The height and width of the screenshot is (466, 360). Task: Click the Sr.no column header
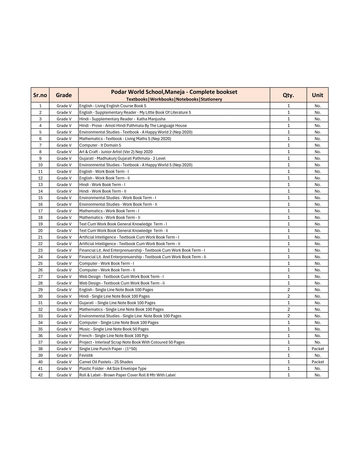pyautogui.click(x=40, y=95)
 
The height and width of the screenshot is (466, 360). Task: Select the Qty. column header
pyautogui.click(x=288, y=95)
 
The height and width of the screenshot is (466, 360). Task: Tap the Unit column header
pyautogui.click(x=317, y=95)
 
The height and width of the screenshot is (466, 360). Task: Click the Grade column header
pyautogui.click(x=64, y=95)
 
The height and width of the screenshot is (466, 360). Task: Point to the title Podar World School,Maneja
pyautogui.click(x=174, y=92)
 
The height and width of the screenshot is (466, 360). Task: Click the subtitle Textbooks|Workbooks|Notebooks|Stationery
pyautogui.click(x=174, y=99)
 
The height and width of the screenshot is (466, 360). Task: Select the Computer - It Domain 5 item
pyautogui.click(x=100, y=145)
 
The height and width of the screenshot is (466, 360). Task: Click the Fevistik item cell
pyautogui.click(x=86, y=355)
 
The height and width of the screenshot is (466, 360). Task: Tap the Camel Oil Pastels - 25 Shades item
pyautogui.click(x=106, y=362)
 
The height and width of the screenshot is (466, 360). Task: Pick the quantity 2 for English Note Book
pyautogui.click(x=288, y=289)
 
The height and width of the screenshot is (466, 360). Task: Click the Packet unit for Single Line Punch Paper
pyautogui.click(x=318, y=349)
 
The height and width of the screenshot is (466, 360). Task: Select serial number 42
pyautogui.click(x=40, y=375)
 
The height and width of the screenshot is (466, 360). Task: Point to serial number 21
pyautogui.click(x=40, y=237)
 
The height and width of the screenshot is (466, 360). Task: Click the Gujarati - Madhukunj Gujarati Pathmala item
pyautogui.click(x=122, y=158)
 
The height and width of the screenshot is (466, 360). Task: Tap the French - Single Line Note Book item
pyautogui.click(x=114, y=335)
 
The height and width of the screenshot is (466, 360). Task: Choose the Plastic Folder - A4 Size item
pyautogui.click(x=113, y=368)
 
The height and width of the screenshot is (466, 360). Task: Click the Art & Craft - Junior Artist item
pyautogui.click(x=116, y=152)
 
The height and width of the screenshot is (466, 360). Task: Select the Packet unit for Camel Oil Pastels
pyautogui.click(x=318, y=362)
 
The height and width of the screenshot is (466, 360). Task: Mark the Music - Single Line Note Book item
pyautogui.click(x=114, y=329)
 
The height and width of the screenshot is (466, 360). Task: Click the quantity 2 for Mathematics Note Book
pyautogui.click(x=288, y=309)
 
